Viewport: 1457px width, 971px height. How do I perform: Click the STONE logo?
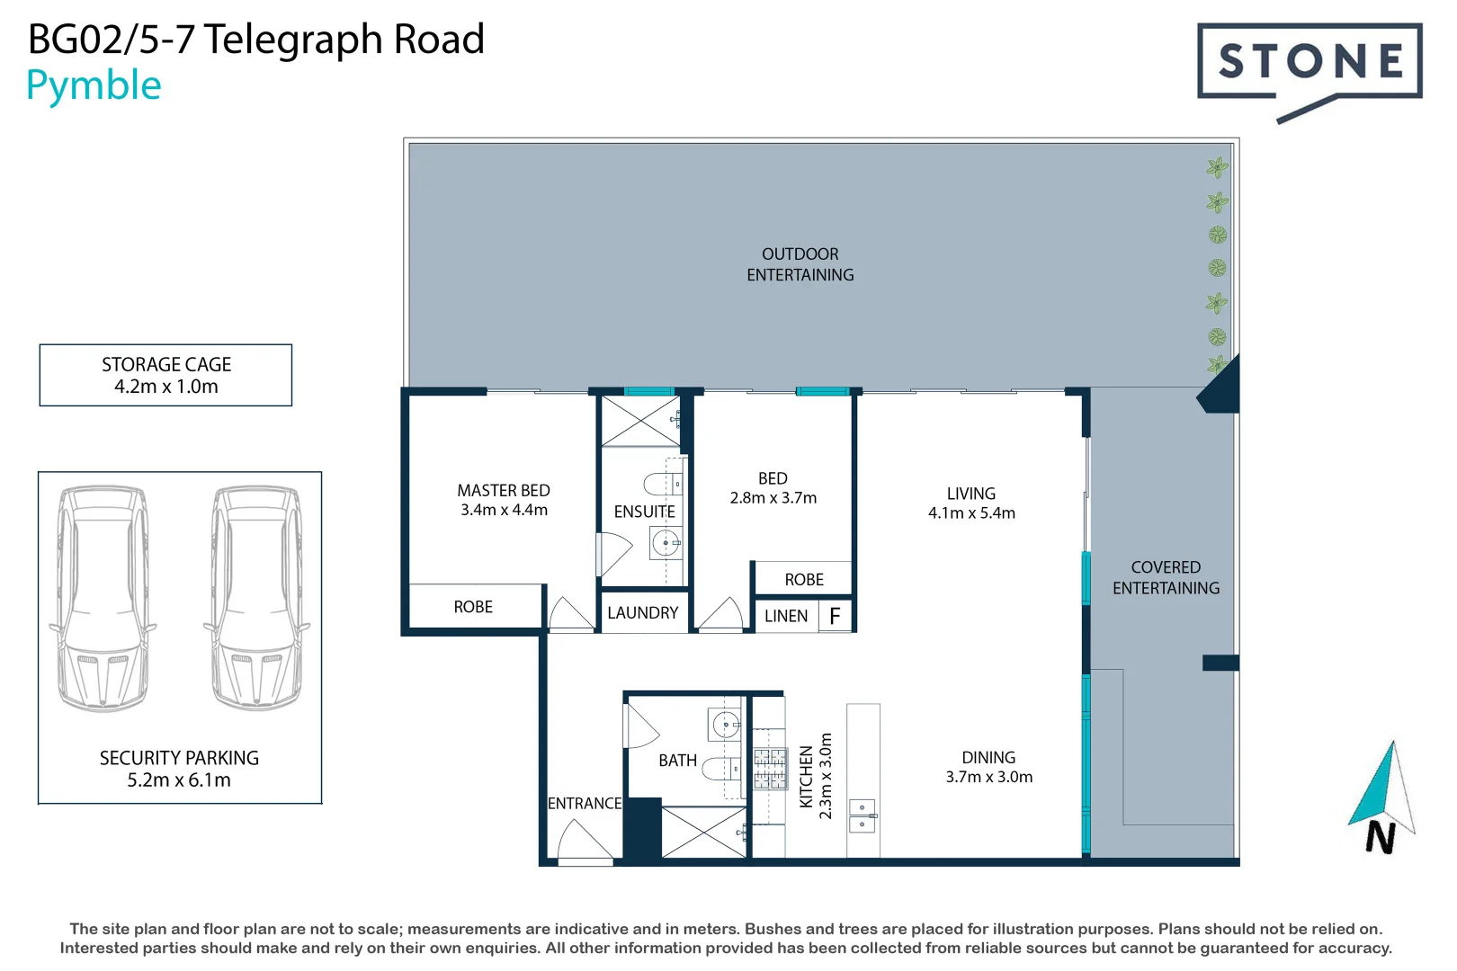point(1309,63)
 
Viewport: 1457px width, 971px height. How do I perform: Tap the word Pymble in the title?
point(94,86)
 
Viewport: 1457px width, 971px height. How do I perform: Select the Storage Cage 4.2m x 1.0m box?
point(165,375)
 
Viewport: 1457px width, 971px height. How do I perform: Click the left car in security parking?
point(103,598)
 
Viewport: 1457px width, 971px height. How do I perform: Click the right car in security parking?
point(256,598)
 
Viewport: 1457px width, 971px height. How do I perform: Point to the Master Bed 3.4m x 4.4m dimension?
point(504,510)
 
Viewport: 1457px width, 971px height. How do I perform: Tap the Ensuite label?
point(644,512)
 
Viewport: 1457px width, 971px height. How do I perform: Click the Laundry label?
point(642,613)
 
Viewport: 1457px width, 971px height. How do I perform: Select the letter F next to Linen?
point(835,616)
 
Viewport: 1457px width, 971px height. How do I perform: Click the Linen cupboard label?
point(786,616)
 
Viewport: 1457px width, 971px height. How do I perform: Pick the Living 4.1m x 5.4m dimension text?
point(971,513)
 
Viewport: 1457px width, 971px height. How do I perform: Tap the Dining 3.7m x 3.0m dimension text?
point(988,777)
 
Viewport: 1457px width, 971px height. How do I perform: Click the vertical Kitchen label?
point(807,777)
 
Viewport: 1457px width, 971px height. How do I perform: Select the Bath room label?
point(677,761)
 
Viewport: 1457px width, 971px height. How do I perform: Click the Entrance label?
point(585,803)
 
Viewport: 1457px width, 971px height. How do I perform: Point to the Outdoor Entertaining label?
point(800,264)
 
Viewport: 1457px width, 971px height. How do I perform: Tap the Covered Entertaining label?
point(1166,577)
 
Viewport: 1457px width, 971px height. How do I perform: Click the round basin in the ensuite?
point(666,542)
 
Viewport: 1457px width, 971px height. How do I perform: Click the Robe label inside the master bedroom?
point(473,607)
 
